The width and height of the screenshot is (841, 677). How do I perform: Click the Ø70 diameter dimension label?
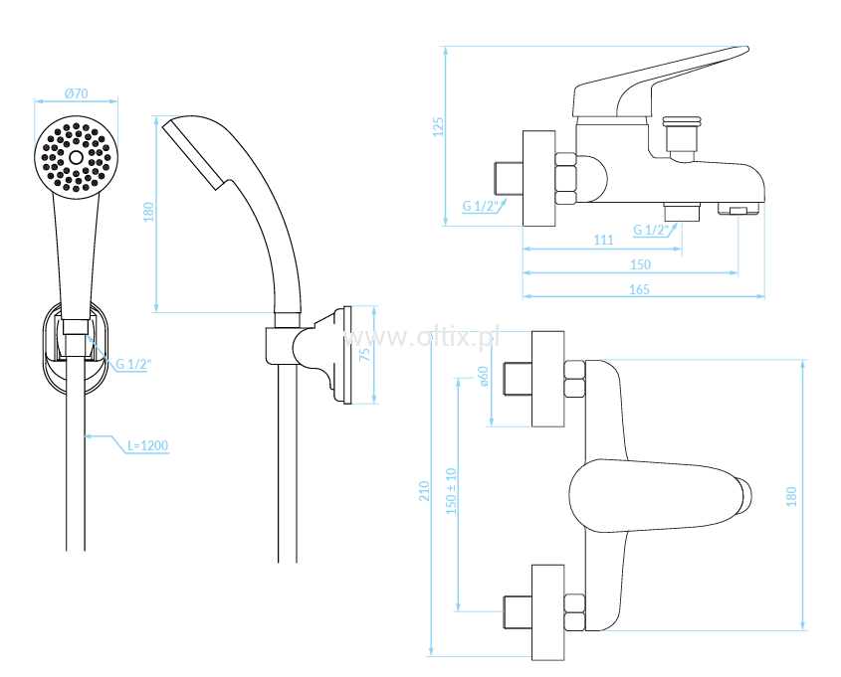77,93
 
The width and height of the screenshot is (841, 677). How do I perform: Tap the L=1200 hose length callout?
147,445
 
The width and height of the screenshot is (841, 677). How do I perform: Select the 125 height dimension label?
438,127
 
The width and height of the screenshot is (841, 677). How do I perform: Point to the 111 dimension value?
603,240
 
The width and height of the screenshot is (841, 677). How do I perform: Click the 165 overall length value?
639,289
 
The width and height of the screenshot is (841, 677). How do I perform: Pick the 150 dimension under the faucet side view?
640,264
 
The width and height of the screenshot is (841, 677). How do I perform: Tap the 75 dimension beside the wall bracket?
364,355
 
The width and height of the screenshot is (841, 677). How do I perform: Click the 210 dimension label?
424,491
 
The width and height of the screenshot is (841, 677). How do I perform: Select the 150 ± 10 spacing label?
451,491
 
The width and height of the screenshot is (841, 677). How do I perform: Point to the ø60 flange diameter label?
484,376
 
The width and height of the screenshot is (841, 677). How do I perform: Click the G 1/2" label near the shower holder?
133,364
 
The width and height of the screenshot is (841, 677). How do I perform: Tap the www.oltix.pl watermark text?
422,337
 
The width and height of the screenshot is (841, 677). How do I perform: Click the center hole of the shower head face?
77,157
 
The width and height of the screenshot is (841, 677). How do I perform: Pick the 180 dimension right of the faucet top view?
791,496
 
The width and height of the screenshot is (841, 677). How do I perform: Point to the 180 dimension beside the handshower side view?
148,212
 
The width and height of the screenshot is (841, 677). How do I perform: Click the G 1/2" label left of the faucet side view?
481,206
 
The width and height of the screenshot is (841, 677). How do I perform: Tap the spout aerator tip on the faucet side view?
738,209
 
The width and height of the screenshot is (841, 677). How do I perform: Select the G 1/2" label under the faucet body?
651,230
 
